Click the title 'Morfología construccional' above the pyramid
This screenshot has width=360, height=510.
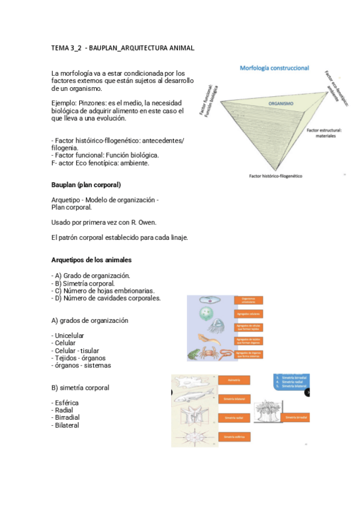coord(274,68)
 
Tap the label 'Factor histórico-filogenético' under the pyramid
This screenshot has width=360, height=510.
coord(275,176)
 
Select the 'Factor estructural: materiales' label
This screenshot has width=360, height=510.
coord(325,133)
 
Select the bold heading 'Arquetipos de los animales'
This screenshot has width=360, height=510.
coord(91,260)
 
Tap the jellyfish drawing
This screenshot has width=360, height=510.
coord(207,314)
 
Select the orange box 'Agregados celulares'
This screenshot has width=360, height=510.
coord(248,313)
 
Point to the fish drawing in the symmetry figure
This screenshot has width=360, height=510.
coord(192,395)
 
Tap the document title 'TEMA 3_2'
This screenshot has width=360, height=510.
coord(67,47)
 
